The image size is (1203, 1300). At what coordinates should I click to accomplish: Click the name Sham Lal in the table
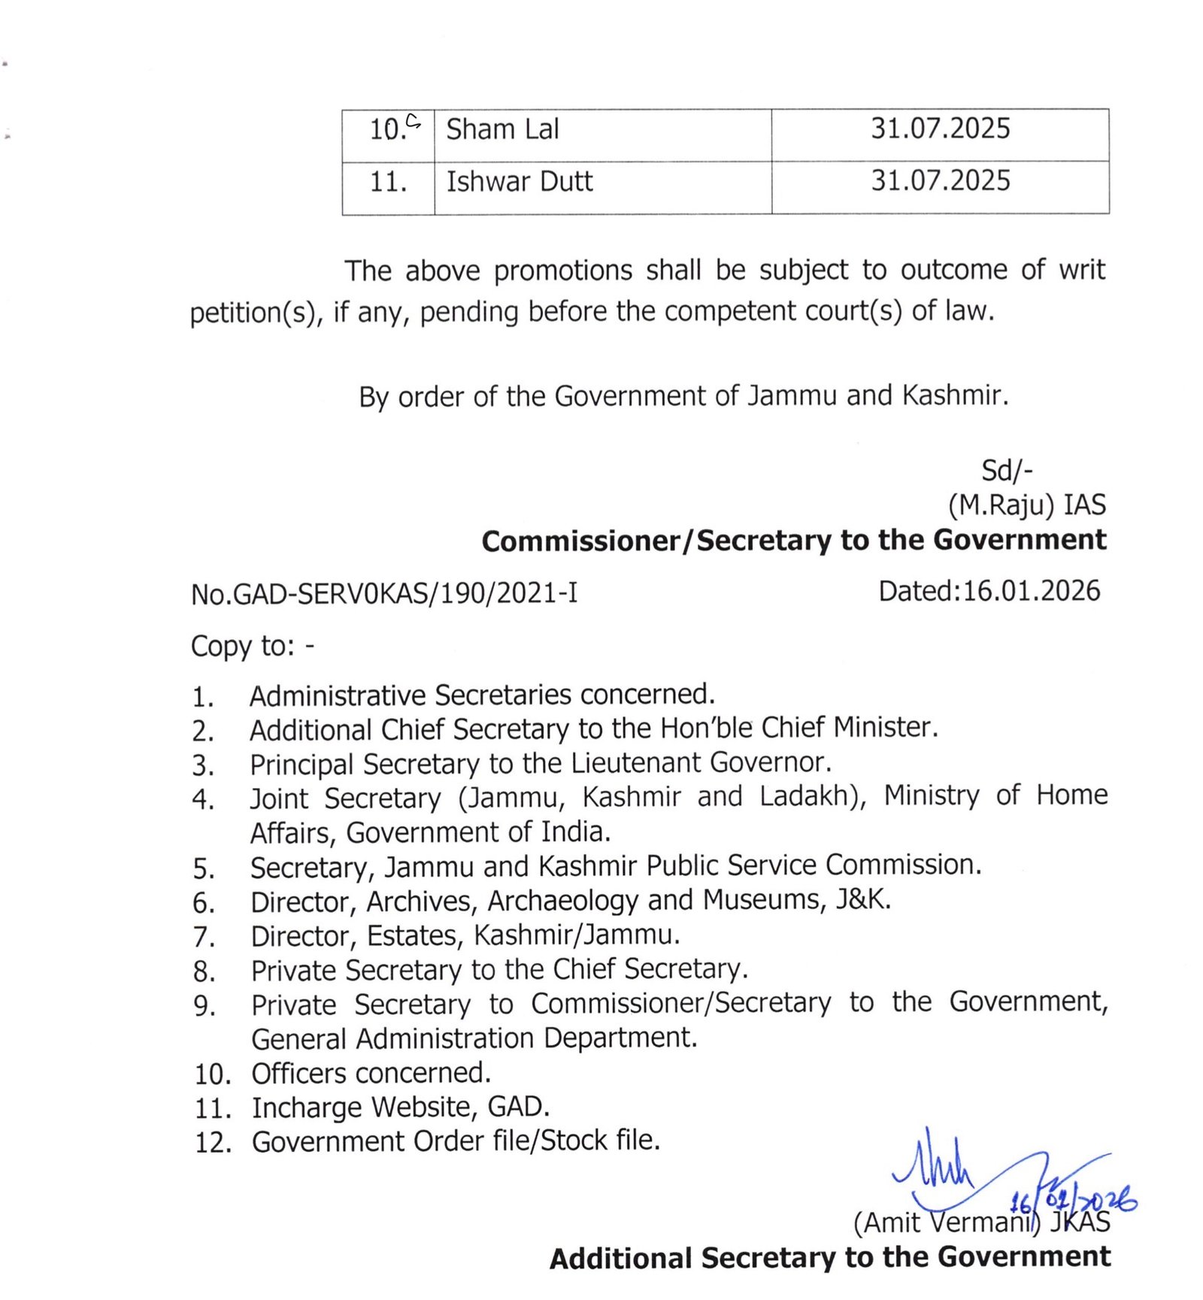tap(502, 129)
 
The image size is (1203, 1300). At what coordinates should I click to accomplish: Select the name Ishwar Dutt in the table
tap(520, 181)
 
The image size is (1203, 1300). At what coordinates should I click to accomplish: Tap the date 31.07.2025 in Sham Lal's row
tap(940, 129)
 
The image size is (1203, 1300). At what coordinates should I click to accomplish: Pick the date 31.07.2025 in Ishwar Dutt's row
tap(940, 180)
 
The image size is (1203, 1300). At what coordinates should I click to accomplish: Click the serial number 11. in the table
tap(388, 182)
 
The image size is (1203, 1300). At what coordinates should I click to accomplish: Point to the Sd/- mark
tap(1007, 471)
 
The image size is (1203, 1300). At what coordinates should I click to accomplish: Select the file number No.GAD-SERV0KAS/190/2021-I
tap(384, 594)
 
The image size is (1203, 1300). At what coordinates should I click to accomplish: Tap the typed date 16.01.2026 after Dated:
tap(1031, 591)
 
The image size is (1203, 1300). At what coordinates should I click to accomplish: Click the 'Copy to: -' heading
tap(253, 646)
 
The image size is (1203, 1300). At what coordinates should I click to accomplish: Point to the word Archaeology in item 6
tap(562, 900)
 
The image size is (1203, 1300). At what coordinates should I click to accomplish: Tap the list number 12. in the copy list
tap(213, 1143)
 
